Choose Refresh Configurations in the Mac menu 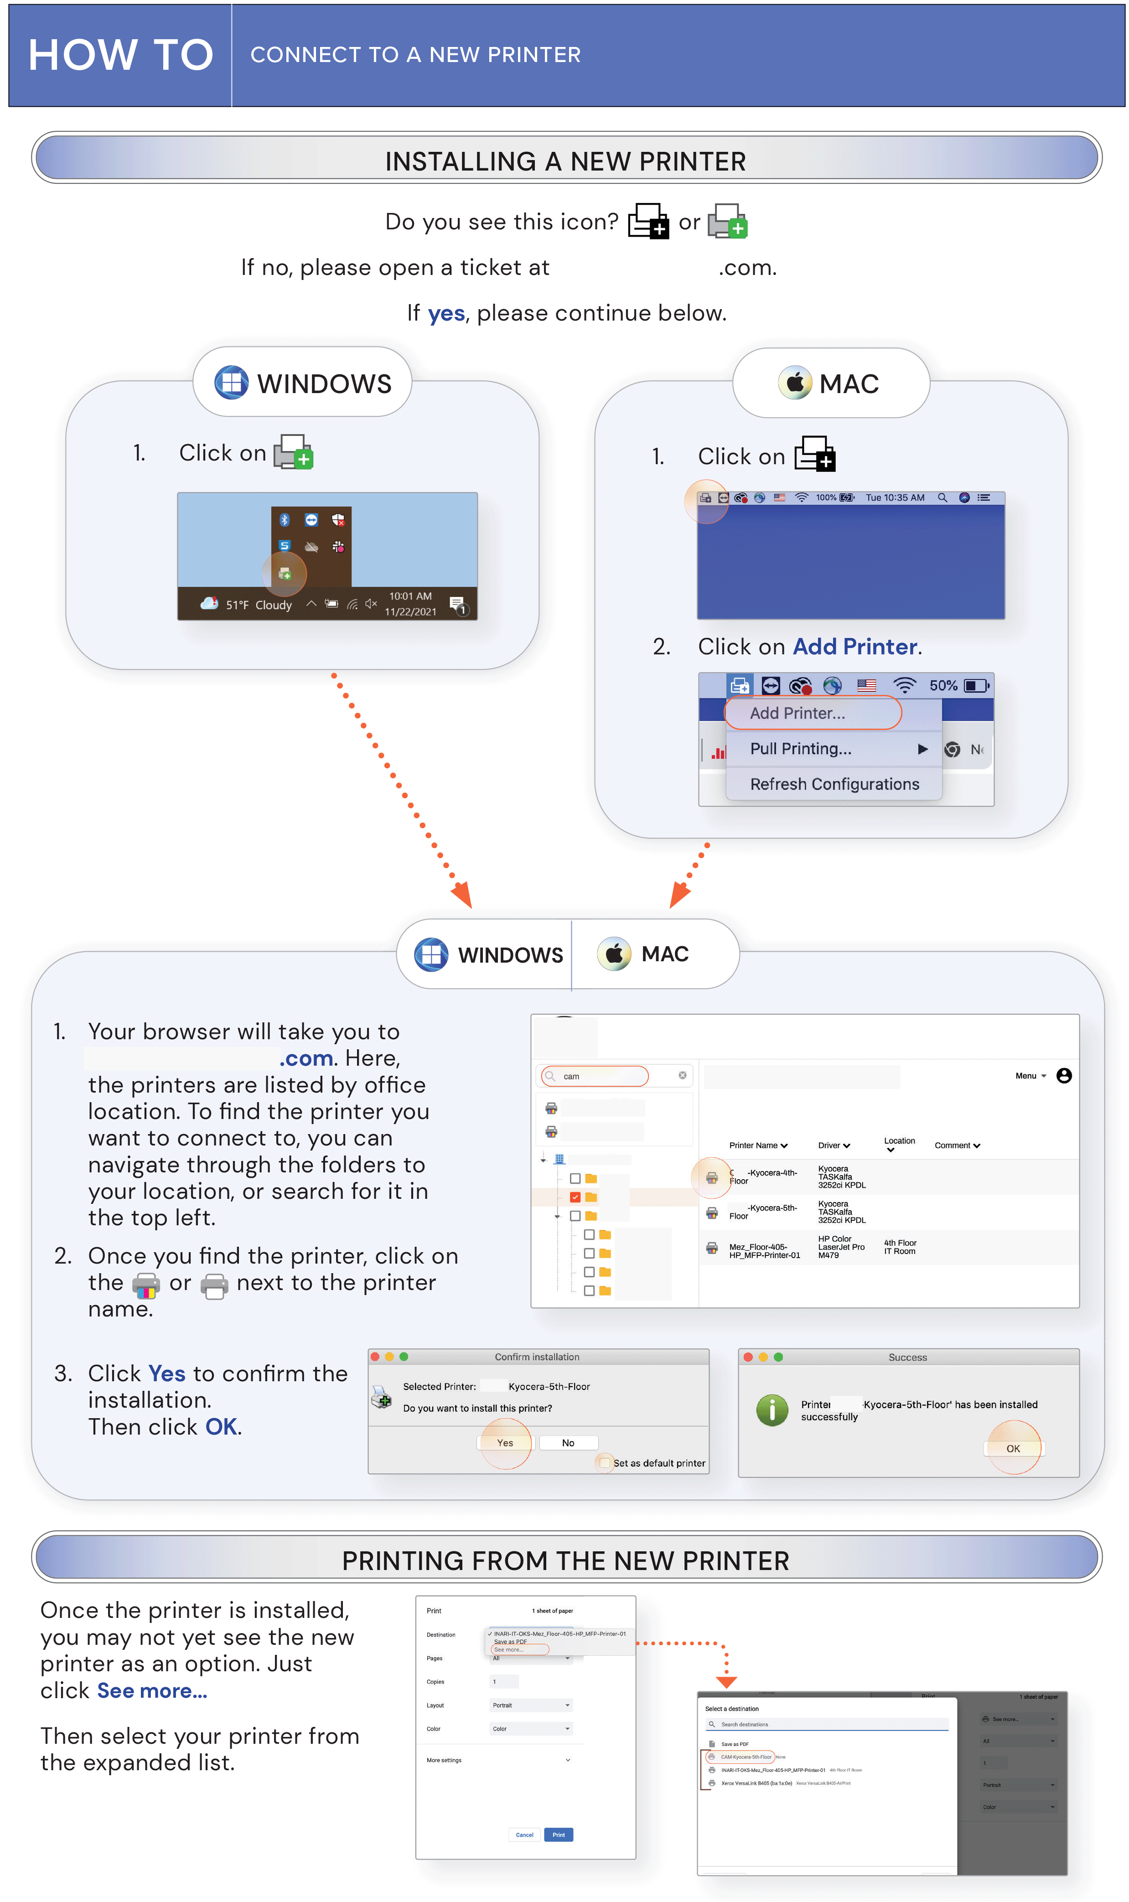[834, 784]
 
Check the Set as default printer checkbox [605, 1463]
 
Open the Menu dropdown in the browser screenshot [1030, 1076]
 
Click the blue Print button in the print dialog [559, 1835]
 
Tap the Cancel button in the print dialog [524, 1835]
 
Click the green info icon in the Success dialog [772, 1410]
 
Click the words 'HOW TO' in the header [120, 55]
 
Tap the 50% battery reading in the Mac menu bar [943, 685]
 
